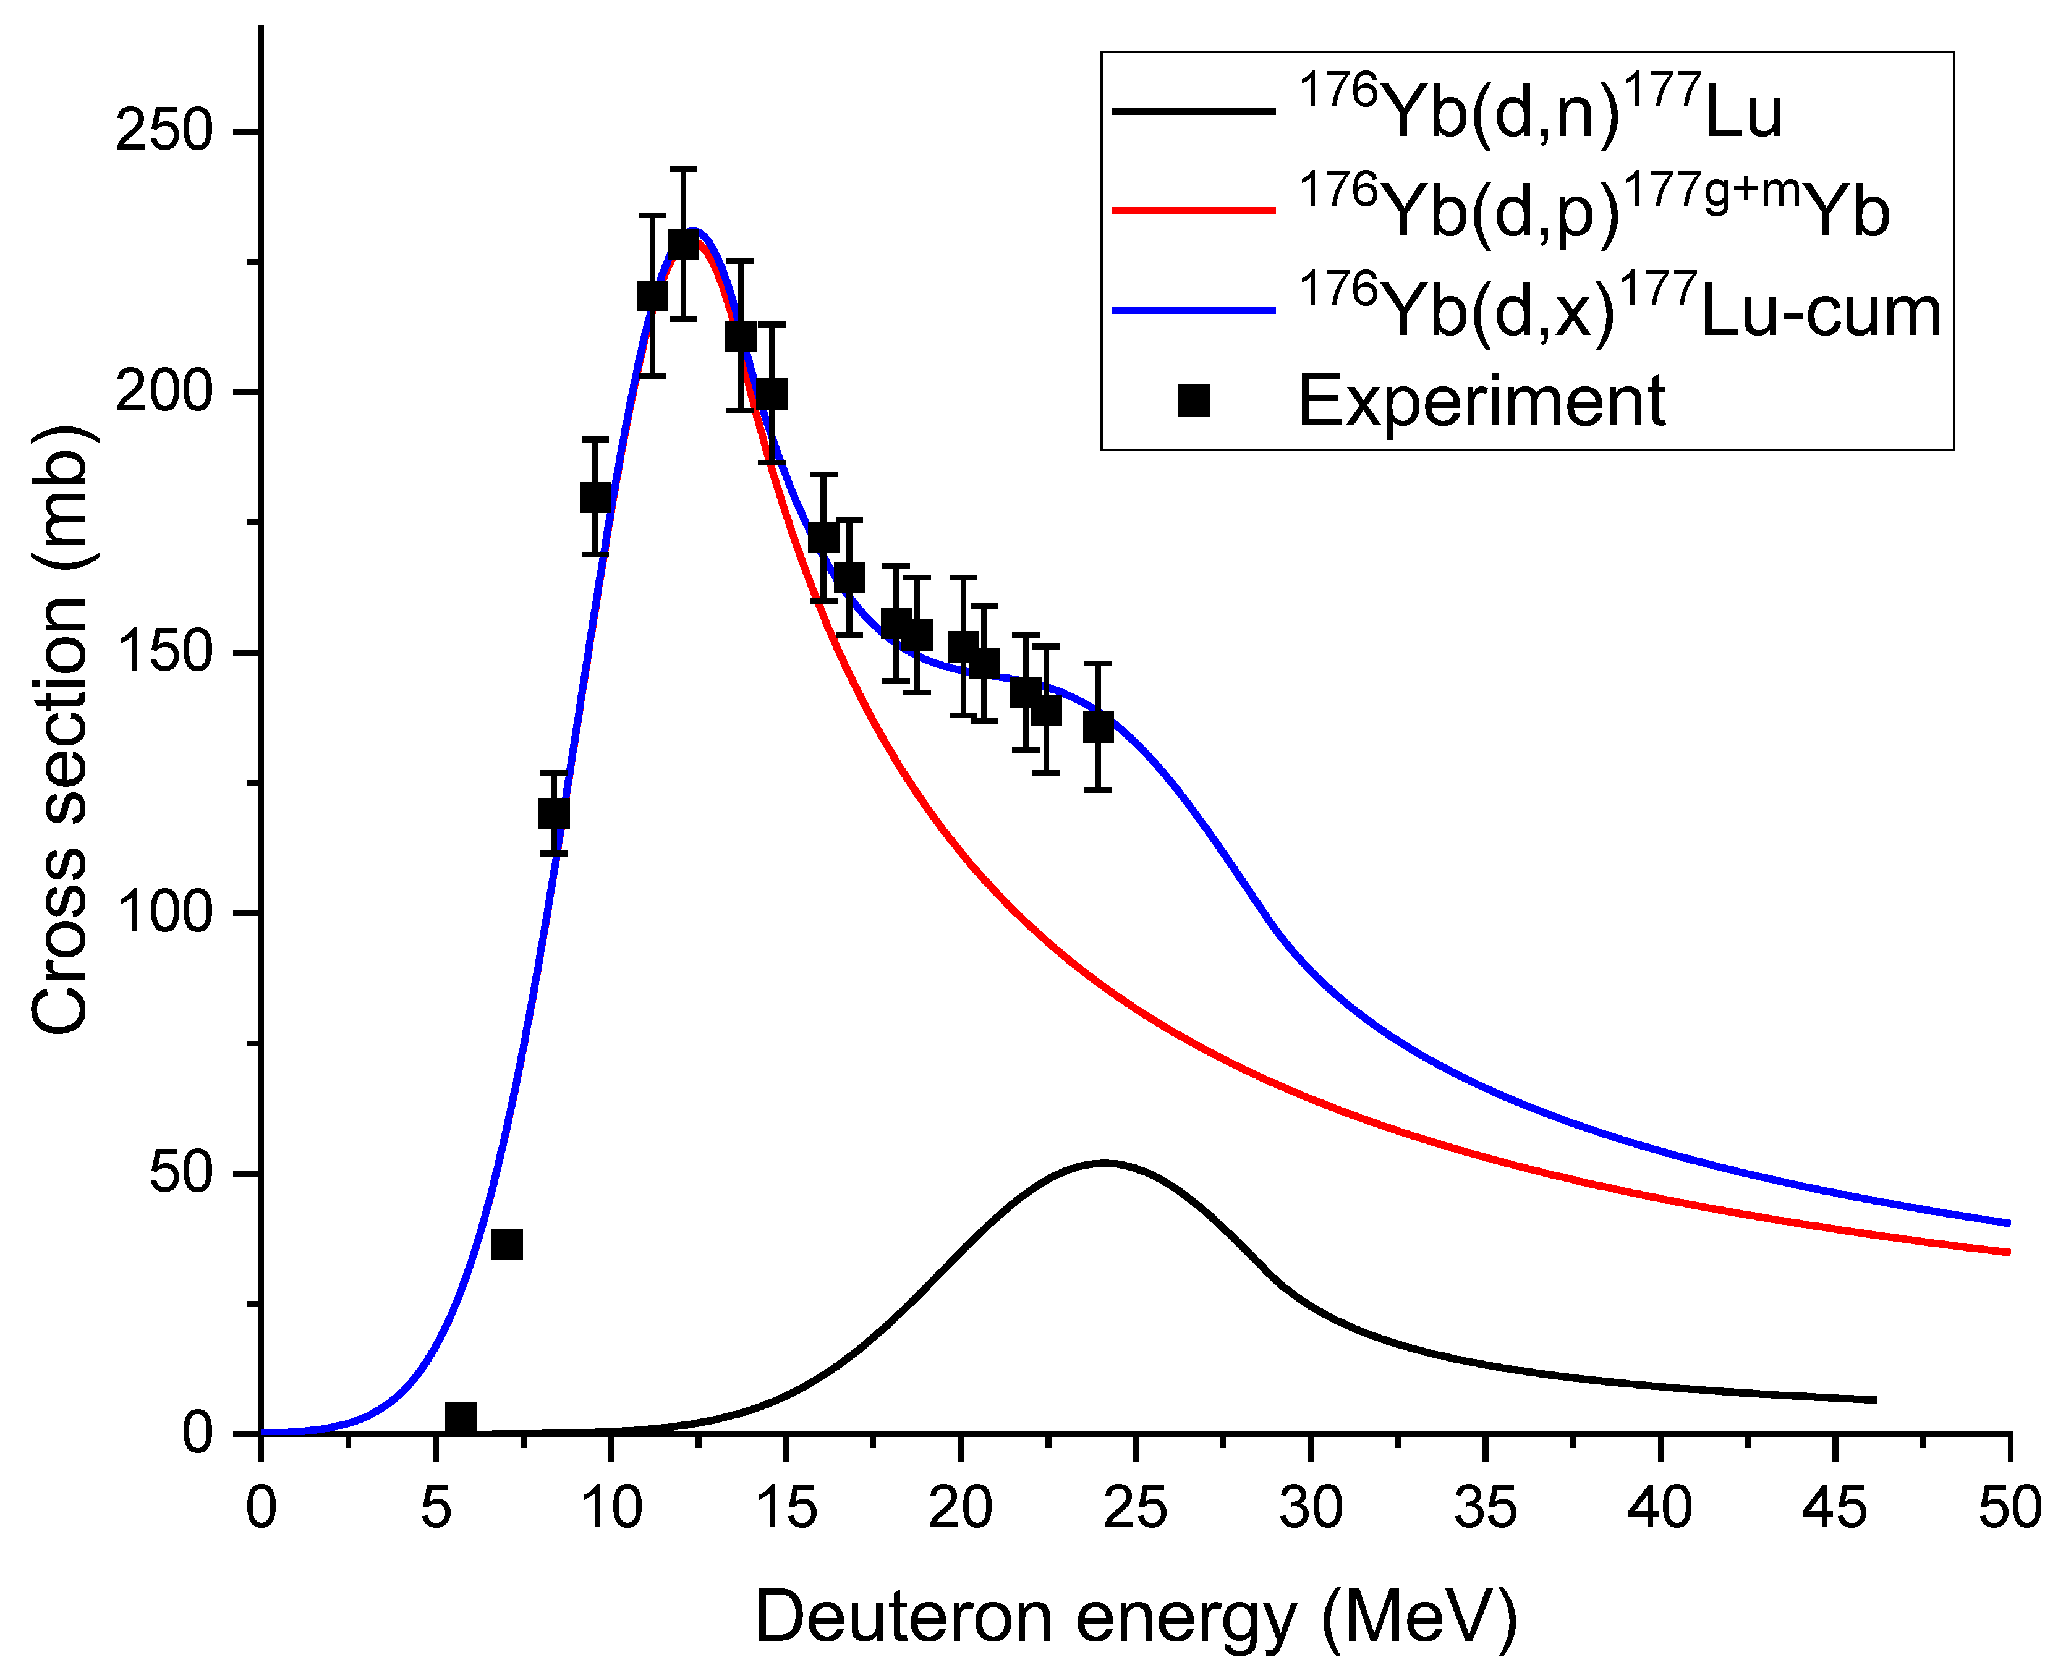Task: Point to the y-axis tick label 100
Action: point(163,913)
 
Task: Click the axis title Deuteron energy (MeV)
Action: point(1136,1617)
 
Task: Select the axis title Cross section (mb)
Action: point(60,729)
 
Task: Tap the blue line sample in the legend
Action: point(1193,310)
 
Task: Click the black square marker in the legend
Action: point(1193,400)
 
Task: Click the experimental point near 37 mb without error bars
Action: point(507,1244)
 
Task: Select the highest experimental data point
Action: point(684,245)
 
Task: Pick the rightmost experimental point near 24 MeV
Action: point(1098,727)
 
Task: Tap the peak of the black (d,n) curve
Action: point(1105,1163)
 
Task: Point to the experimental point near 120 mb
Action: point(553,813)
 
